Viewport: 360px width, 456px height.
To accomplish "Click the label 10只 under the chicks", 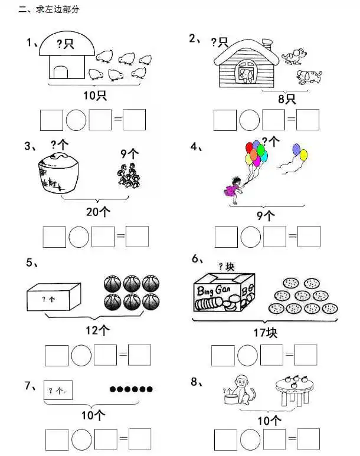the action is [x=95, y=95].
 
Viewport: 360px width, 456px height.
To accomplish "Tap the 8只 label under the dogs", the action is [x=287, y=99].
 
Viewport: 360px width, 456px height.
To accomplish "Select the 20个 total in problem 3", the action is [x=98, y=212].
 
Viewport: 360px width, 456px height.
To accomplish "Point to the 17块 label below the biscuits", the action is [x=266, y=333].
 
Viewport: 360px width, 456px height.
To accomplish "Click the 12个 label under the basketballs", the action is [x=97, y=330].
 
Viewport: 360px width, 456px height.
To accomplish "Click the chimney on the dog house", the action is [x=267, y=45].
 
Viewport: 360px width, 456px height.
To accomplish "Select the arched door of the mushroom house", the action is [x=61, y=72].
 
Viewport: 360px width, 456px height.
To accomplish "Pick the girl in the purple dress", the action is [x=234, y=189].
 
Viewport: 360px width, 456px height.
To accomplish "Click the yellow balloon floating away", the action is [x=303, y=155].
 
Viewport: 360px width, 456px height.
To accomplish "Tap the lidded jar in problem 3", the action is [x=58, y=173].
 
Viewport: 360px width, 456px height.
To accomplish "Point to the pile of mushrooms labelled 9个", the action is [x=129, y=175].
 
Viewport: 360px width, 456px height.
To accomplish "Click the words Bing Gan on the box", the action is [x=214, y=290].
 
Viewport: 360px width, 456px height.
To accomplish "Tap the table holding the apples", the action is [x=295, y=391].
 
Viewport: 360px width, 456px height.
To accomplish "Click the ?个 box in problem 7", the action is [x=58, y=390].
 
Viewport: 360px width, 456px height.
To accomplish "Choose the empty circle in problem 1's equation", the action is [x=76, y=120].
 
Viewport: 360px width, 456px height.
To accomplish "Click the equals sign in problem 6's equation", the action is [x=289, y=354].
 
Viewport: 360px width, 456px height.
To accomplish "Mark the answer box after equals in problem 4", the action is [x=309, y=237].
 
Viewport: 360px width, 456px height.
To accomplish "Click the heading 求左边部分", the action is [x=58, y=9].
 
